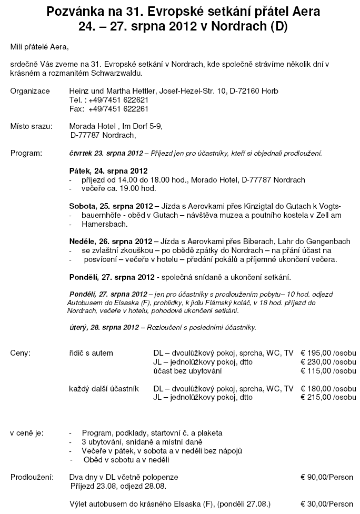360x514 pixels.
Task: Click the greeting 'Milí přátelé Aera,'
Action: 39,47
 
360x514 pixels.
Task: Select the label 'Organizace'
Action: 30,91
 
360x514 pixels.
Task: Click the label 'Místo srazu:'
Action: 32,126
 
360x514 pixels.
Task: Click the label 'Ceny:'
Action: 20,352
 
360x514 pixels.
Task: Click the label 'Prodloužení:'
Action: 32,477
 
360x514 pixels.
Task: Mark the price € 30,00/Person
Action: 327,503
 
